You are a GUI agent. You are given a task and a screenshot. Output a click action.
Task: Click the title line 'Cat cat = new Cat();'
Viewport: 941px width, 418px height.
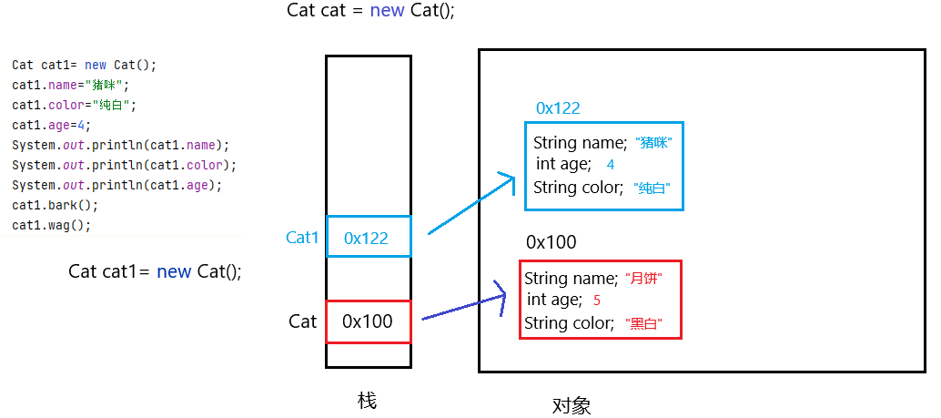[x=369, y=11]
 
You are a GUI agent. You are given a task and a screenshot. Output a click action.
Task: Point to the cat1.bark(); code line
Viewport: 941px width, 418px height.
[x=55, y=205]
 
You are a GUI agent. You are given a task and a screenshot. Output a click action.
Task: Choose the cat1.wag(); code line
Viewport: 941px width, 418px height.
[x=51, y=225]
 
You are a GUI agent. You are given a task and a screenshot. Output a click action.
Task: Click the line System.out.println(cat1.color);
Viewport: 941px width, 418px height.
[x=124, y=166]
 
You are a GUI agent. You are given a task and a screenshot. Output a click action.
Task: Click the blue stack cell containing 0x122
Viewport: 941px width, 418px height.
[x=368, y=238]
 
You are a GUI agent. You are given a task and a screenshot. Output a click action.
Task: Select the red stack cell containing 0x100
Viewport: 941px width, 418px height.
[x=368, y=321]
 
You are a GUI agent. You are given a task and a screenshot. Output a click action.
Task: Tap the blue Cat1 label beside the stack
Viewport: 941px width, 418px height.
[x=302, y=238]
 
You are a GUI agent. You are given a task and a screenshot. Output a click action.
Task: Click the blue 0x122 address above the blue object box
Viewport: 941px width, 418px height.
[x=558, y=108]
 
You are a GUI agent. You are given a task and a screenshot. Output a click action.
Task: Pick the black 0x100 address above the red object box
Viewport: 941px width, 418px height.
[x=551, y=242]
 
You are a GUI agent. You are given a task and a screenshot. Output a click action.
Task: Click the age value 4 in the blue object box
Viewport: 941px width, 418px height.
[x=610, y=165]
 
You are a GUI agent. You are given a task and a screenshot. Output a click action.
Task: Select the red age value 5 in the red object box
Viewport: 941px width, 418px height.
[x=596, y=301]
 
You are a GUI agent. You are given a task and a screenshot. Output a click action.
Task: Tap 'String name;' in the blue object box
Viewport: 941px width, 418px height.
[x=580, y=143]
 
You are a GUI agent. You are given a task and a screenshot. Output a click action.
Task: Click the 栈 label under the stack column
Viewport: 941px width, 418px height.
[x=367, y=401]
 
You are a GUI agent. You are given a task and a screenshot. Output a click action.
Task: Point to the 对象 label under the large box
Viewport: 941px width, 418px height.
[x=572, y=405]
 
